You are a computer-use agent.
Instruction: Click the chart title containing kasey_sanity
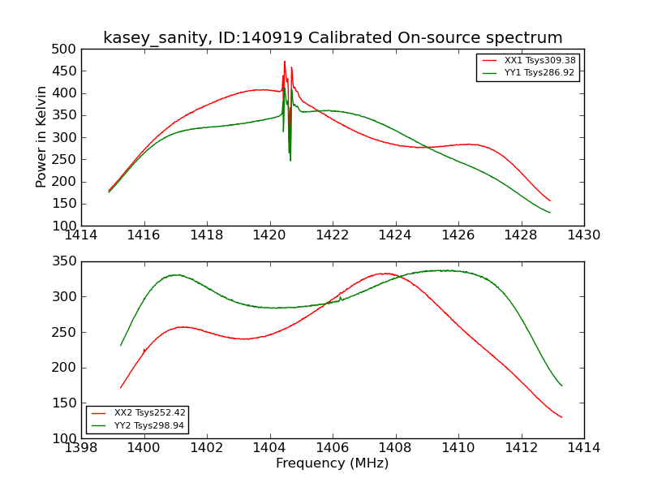click(x=333, y=38)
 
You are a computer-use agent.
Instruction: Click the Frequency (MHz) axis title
click(x=333, y=463)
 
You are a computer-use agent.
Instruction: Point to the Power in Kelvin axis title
click(x=42, y=137)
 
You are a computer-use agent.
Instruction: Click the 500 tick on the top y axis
click(x=67, y=49)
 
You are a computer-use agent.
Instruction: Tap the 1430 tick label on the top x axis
click(x=583, y=235)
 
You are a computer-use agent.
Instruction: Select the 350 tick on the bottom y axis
click(x=67, y=261)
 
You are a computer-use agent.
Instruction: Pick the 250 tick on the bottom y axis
click(x=67, y=332)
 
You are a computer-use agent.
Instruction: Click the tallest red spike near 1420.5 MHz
click(x=285, y=62)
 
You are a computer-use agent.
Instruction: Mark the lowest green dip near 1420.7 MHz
click(x=290, y=159)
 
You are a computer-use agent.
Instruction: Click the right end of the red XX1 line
click(x=549, y=200)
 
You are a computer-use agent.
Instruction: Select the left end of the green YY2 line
click(x=121, y=345)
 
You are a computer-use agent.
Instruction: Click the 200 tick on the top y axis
click(x=67, y=182)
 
